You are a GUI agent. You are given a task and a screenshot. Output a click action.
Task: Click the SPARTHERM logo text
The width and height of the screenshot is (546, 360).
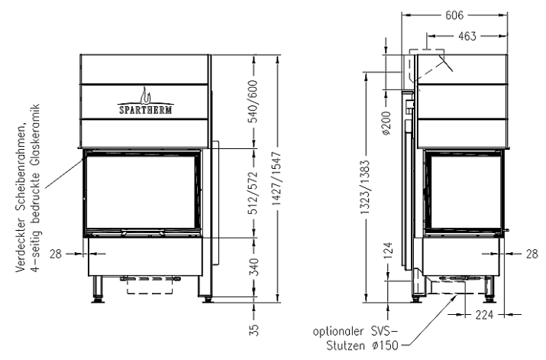146,110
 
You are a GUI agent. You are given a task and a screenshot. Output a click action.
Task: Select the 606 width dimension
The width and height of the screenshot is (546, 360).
454,15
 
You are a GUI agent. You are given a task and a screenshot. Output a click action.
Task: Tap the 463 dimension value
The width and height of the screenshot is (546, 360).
467,36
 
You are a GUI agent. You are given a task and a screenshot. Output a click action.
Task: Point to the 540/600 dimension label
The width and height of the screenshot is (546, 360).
254,102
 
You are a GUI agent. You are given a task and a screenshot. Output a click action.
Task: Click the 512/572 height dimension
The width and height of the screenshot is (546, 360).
254,193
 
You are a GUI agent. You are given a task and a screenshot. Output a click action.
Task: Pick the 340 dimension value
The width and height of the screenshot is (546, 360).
254,267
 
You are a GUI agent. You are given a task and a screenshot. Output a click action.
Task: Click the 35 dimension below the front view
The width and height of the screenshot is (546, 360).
254,329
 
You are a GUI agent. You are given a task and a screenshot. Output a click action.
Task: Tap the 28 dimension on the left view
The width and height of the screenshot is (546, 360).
56,254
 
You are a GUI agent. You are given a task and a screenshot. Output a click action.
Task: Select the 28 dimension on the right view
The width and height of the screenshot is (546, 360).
531,254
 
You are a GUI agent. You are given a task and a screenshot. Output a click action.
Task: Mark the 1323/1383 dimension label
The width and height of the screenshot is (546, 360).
365,187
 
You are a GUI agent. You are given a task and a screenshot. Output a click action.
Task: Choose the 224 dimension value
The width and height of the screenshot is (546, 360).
484,315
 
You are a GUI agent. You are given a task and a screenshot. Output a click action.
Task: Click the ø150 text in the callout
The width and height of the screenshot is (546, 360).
385,345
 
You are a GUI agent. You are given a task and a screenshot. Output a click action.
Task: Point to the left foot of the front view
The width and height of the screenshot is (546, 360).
98,290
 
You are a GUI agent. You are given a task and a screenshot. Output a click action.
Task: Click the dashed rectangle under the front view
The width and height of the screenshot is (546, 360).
150,286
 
